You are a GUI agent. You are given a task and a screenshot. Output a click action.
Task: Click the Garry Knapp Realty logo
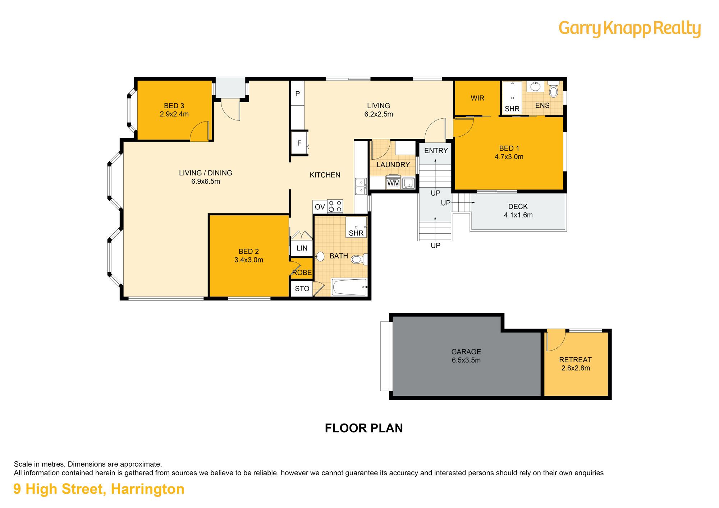tap(629, 28)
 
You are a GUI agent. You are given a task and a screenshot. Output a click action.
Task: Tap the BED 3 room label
tap(174, 106)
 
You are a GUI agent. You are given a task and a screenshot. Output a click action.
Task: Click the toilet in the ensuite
tap(554, 89)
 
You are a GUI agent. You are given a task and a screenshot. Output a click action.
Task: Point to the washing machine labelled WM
tap(393, 182)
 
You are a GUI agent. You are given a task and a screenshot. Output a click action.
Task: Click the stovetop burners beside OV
tap(335, 206)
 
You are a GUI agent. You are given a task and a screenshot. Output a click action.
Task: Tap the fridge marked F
tap(299, 143)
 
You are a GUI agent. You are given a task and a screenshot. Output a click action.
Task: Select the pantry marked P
tap(297, 93)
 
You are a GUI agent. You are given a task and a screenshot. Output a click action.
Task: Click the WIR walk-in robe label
tap(477, 98)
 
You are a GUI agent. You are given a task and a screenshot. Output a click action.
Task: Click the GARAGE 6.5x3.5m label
tap(466, 356)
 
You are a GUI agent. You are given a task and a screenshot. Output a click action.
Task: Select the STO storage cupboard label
tap(302, 289)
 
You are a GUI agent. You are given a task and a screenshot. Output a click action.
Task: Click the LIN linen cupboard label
tap(302, 248)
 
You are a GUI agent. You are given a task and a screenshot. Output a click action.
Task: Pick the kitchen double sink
tap(361, 186)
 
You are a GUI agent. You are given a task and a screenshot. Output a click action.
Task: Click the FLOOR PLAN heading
tap(364, 428)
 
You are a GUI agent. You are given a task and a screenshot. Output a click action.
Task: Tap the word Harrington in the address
tap(147, 489)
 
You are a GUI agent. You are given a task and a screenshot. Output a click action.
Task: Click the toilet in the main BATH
tap(359, 259)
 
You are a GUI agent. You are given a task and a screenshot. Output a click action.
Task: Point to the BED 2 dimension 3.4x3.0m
tap(249, 260)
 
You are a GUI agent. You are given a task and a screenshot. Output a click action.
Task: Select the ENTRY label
tap(436, 151)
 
